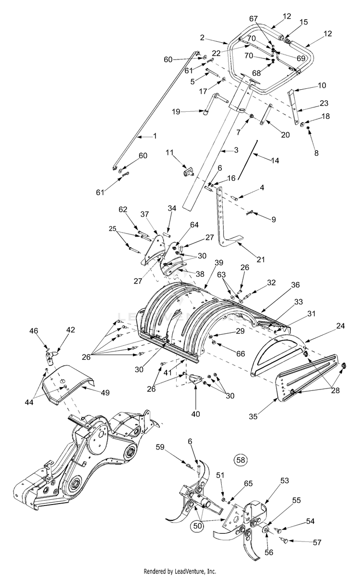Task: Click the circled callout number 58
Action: tap(240, 459)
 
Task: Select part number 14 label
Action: tap(275, 162)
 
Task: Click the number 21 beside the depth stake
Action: tap(261, 259)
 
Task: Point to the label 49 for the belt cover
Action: tap(104, 392)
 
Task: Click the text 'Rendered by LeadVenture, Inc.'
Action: tap(180, 571)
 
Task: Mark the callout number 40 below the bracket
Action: tap(195, 413)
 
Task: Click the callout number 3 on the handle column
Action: tap(236, 150)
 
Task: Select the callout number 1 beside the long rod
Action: tap(155, 136)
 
